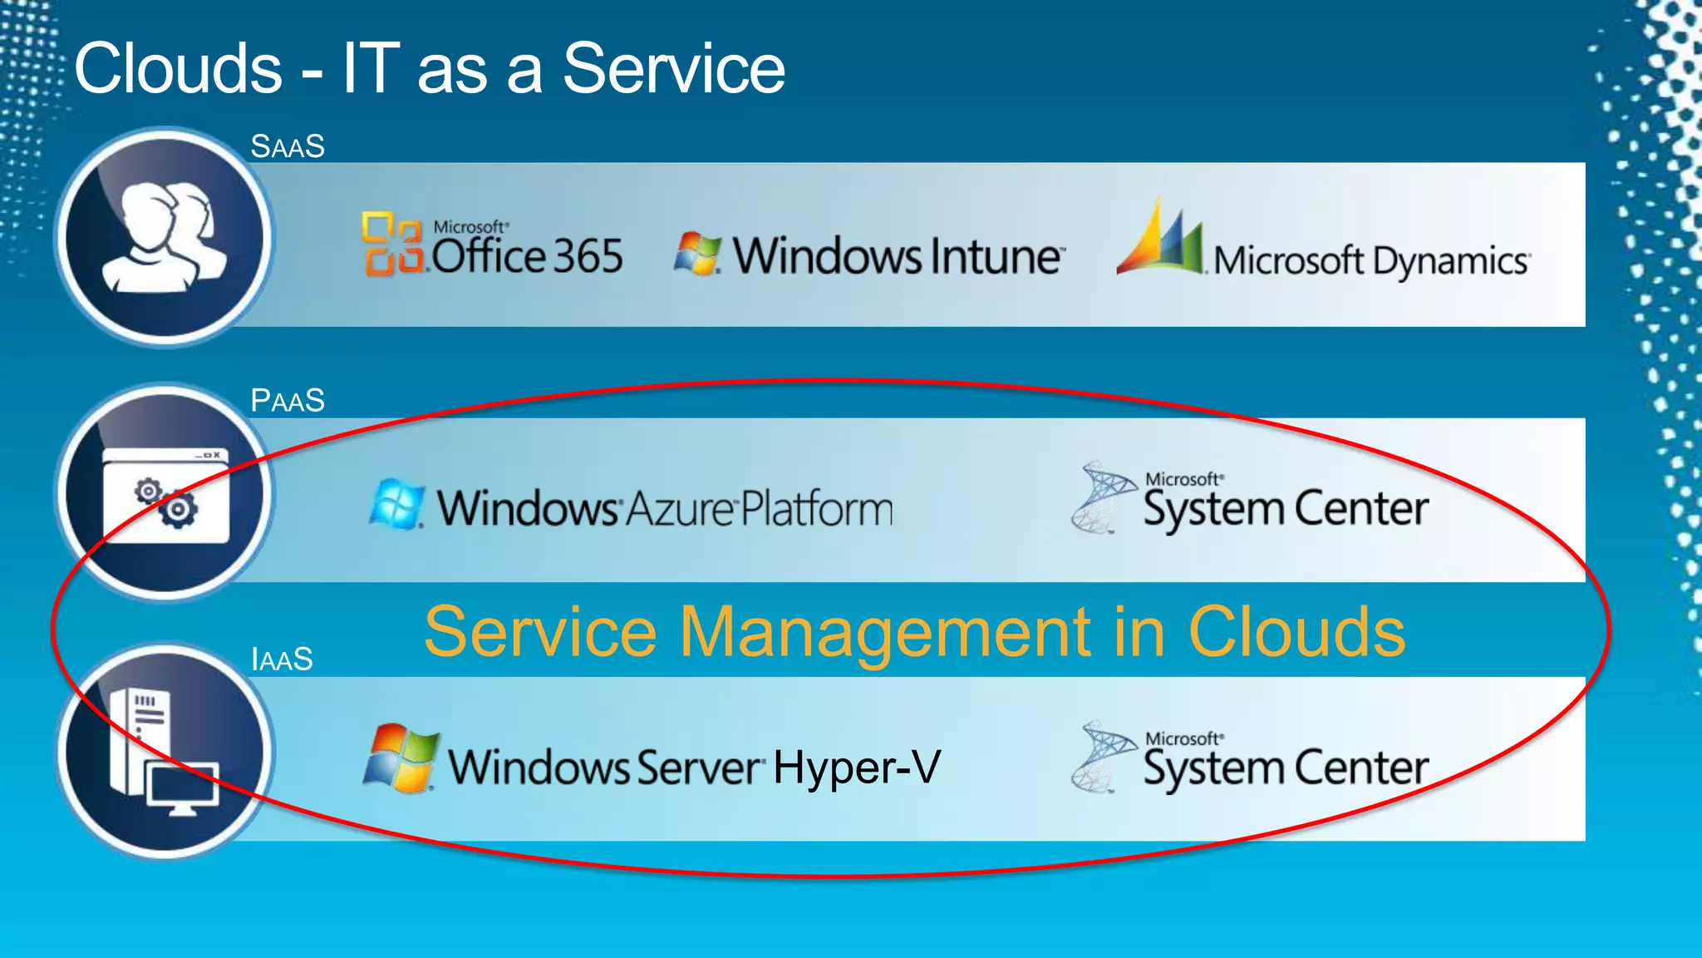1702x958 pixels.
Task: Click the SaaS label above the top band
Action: pos(288,146)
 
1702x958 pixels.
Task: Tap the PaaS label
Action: pos(288,401)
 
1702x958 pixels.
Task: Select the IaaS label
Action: pos(282,659)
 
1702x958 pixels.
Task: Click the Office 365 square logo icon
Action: pos(391,243)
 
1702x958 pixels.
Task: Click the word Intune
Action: pos(996,256)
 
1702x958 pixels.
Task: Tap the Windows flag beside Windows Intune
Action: pos(696,253)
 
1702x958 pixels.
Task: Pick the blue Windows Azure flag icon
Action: pos(396,504)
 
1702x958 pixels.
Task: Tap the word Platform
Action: pos(817,509)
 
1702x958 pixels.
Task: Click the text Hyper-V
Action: pos(857,767)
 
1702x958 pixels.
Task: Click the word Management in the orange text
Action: pos(884,632)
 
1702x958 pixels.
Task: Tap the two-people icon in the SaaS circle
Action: pos(165,237)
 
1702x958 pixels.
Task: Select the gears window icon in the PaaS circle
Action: pos(165,496)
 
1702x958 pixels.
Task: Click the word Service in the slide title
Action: pos(673,68)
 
